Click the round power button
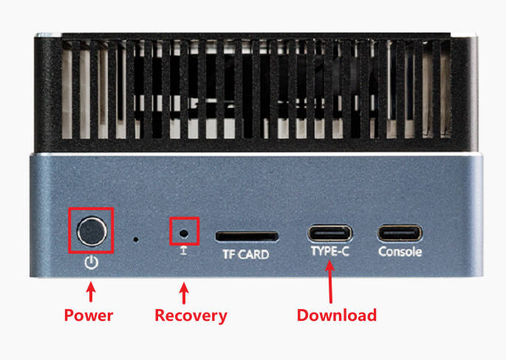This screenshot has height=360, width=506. (x=92, y=232)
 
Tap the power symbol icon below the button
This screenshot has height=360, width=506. (x=92, y=262)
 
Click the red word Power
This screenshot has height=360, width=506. (x=89, y=316)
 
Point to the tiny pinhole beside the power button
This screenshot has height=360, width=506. (x=135, y=240)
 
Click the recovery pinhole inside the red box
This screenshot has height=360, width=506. (x=185, y=232)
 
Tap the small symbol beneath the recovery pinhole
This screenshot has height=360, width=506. (x=185, y=252)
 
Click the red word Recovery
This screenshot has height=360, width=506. (x=191, y=316)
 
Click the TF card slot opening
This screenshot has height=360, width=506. (x=247, y=237)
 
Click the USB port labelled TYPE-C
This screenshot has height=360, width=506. (x=330, y=234)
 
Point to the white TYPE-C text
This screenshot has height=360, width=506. (x=330, y=251)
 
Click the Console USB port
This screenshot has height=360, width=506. (x=400, y=234)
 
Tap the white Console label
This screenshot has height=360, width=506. (x=400, y=251)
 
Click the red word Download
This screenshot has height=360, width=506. (x=337, y=316)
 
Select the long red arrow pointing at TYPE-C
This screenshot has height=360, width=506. (x=330, y=281)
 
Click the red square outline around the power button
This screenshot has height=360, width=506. (x=69, y=232)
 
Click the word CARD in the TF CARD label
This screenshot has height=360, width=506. (x=253, y=255)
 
